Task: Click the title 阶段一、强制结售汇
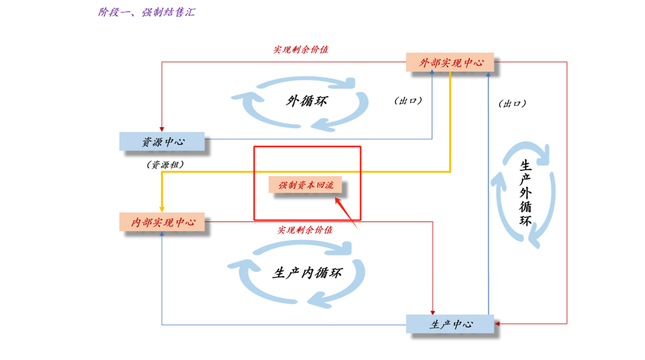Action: tap(146, 12)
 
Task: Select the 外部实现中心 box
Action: tap(450, 63)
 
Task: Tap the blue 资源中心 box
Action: tap(162, 142)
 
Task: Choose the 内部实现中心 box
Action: tap(162, 222)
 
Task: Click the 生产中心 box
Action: tap(450, 324)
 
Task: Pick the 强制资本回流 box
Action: tap(306, 185)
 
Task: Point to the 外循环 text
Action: tap(306, 101)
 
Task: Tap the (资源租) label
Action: tap(165, 165)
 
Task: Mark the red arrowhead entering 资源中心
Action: tap(162, 129)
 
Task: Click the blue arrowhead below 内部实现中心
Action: tap(162, 234)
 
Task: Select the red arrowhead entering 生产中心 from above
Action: tap(433, 311)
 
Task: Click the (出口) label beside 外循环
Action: tap(407, 101)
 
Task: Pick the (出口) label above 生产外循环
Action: tap(512, 103)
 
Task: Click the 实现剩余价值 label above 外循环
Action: tap(300, 50)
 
